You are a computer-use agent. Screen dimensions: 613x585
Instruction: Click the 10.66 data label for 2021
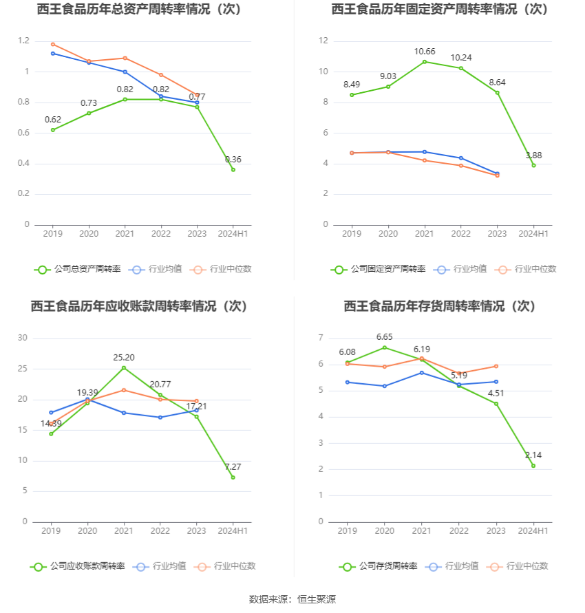click(x=425, y=52)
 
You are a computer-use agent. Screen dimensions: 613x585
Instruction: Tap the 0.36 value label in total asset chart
click(x=233, y=160)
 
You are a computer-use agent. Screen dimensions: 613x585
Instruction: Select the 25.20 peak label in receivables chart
click(x=124, y=358)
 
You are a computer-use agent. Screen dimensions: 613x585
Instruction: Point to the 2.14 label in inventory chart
click(x=533, y=455)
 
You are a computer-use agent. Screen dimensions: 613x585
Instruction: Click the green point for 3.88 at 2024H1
click(x=533, y=165)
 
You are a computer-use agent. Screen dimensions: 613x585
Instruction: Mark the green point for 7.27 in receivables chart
click(x=233, y=477)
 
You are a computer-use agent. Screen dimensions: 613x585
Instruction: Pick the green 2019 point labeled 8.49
click(x=352, y=95)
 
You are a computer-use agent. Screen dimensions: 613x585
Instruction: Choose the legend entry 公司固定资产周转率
click(x=387, y=269)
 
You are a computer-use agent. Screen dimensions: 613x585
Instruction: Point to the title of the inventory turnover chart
click(x=440, y=306)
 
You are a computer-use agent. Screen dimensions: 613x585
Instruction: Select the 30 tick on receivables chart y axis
click(x=23, y=338)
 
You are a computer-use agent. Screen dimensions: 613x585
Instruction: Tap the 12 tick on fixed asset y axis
click(x=323, y=41)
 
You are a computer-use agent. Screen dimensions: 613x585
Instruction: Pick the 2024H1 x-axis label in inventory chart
click(x=533, y=531)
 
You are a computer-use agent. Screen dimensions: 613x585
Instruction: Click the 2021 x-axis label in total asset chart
click(x=125, y=234)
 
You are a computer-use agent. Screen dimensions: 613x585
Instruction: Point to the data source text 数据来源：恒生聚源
click(x=292, y=599)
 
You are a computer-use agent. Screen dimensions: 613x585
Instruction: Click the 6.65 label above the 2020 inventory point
click(x=385, y=337)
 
